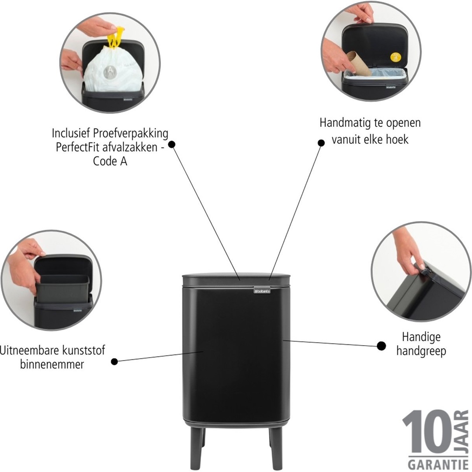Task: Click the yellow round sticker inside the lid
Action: click(395, 57)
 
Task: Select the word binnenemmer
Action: click(52, 364)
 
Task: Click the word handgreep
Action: click(421, 351)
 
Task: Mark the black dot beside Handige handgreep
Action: click(381, 346)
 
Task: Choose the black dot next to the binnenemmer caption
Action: click(115, 361)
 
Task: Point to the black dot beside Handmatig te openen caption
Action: click(321, 142)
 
